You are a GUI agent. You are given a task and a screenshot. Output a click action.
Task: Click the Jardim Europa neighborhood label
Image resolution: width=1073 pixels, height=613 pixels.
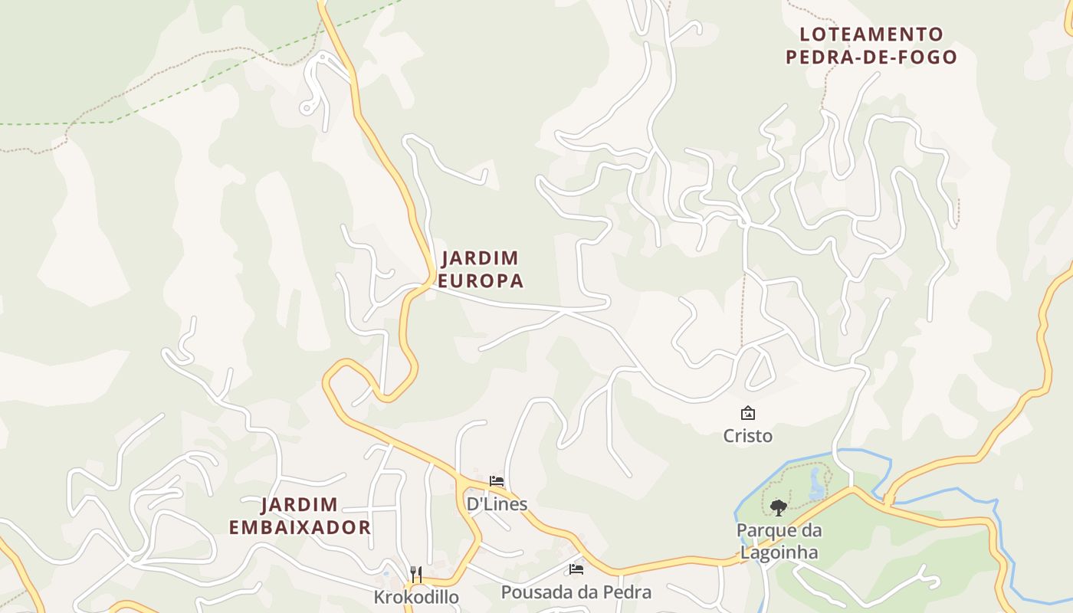click(x=481, y=269)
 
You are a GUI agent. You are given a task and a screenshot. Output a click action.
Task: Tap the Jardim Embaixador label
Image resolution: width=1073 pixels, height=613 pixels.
click(x=300, y=516)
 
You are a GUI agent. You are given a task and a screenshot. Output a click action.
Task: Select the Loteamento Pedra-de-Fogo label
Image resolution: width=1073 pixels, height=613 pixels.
click(x=871, y=45)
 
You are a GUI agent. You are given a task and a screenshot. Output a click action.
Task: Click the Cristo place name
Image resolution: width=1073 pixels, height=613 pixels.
click(x=747, y=436)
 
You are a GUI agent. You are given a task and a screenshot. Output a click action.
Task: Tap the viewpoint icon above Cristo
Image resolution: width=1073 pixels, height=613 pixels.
click(x=747, y=414)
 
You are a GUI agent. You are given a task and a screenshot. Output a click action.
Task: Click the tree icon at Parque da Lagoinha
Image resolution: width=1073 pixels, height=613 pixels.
click(x=778, y=506)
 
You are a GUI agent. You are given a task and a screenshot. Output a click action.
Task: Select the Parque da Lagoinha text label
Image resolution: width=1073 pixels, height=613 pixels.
click(x=778, y=541)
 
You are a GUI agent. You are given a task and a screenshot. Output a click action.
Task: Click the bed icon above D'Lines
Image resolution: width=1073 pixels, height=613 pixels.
click(x=497, y=481)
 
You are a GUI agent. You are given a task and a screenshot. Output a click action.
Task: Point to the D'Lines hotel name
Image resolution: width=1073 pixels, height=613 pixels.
click(x=497, y=503)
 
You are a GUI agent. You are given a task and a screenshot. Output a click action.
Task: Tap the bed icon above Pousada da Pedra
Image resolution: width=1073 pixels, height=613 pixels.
click(x=576, y=569)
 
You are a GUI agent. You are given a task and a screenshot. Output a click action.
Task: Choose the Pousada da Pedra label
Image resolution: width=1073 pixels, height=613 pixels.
click(x=576, y=592)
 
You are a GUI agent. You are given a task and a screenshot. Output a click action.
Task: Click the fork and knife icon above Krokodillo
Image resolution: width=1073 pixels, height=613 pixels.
click(x=416, y=574)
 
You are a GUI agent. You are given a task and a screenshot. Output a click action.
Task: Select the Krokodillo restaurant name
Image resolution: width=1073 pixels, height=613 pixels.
click(x=416, y=597)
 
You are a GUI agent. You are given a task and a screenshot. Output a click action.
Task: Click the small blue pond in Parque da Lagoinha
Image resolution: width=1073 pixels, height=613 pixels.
click(x=815, y=484)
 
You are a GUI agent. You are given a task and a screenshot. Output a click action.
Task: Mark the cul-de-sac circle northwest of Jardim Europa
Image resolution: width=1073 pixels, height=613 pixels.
click(x=307, y=108)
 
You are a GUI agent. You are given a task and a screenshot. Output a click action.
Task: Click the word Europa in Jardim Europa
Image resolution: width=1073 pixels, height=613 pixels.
click(x=481, y=281)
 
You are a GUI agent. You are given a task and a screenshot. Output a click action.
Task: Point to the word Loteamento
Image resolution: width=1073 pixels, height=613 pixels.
click(x=871, y=34)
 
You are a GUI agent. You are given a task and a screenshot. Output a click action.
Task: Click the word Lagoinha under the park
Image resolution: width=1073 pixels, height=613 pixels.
click(x=778, y=552)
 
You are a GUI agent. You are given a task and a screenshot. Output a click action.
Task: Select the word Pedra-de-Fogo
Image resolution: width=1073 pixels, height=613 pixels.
click(x=871, y=57)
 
